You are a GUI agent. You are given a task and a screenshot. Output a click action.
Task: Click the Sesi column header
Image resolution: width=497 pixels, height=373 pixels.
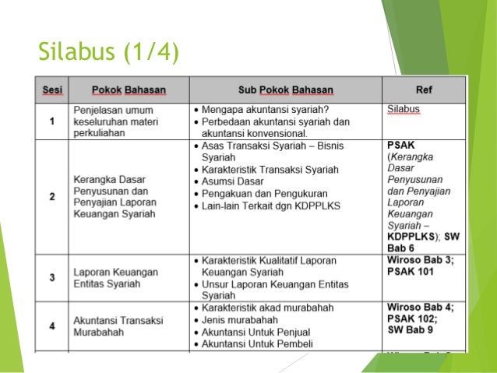point(51,90)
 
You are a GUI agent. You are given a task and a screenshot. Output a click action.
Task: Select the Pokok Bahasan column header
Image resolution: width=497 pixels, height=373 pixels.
point(129,90)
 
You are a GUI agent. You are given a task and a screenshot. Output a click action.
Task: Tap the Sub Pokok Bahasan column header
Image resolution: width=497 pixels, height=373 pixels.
point(285,90)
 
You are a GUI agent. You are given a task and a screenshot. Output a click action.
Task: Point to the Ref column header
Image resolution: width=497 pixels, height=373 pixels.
point(425,90)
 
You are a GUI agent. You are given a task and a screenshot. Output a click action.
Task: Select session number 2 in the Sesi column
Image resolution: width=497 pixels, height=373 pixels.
point(51,196)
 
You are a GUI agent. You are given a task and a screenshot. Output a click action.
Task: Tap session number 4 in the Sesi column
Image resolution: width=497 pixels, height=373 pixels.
point(51,325)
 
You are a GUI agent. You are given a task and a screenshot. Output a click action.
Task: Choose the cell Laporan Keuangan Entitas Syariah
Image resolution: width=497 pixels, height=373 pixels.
point(116,278)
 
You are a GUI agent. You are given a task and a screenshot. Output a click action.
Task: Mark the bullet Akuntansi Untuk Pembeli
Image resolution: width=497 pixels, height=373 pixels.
point(258,343)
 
